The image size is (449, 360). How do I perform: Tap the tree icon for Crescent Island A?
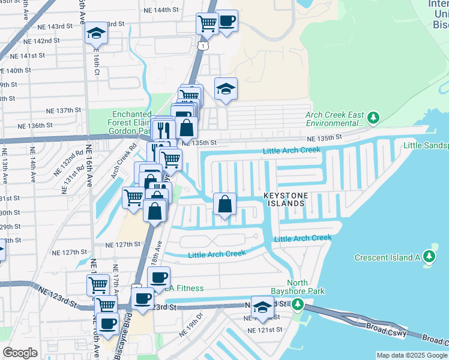click(x=429, y=257)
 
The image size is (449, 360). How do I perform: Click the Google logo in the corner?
click(x=20, y=353)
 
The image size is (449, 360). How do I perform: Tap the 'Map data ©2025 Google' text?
click(x=412, y=355)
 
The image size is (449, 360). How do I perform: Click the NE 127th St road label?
click(x=122, y=245)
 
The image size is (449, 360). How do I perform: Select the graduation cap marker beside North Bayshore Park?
click(x=262, y=307)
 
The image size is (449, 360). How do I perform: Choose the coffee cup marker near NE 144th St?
click(x=227, y=22)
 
